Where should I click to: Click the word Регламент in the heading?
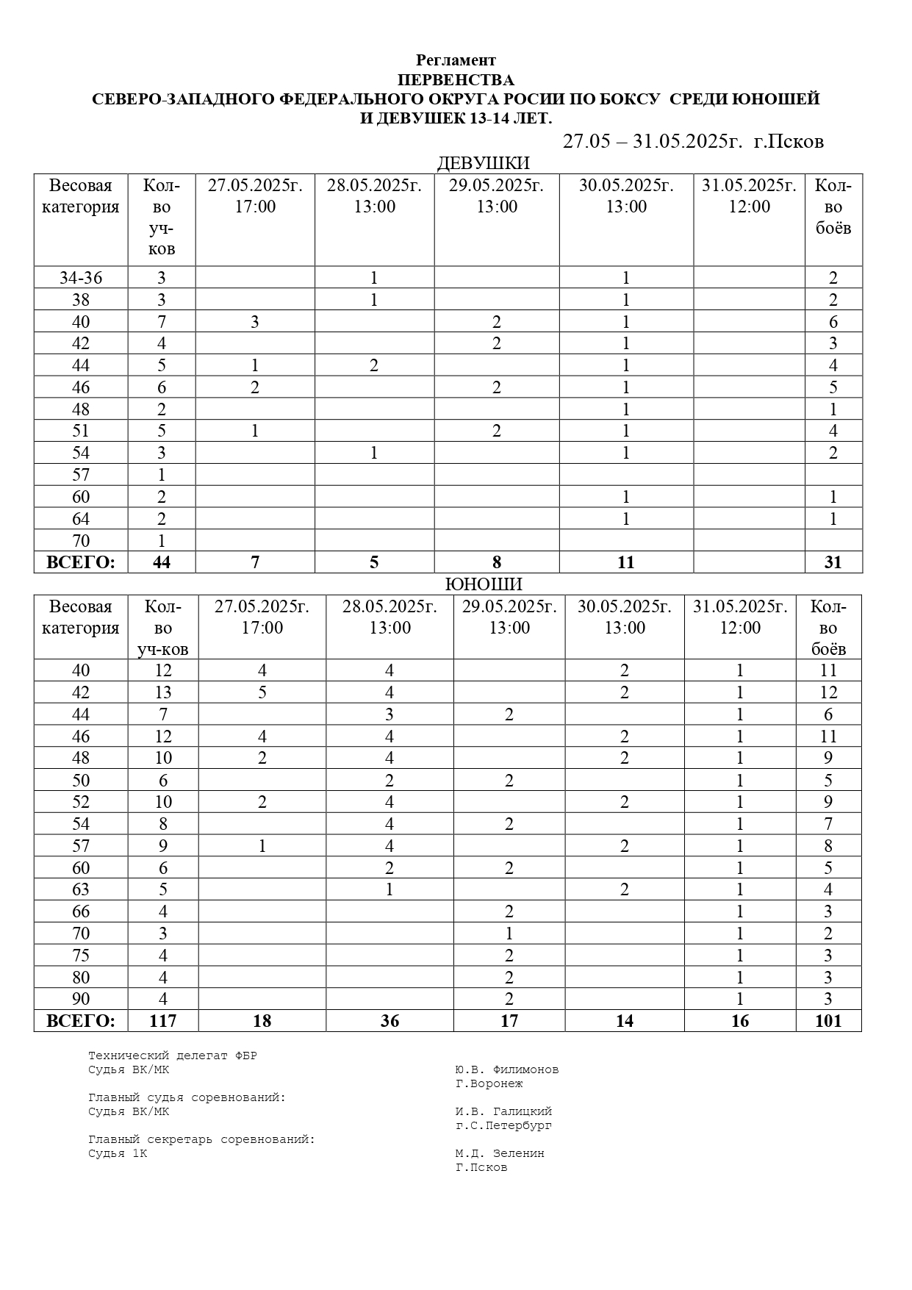pos(456,60)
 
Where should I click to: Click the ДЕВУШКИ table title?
pos(483,163)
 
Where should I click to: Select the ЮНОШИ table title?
pos(484,584)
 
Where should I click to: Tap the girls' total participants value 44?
pos(162,563)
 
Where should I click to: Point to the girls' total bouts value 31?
pos(833,563)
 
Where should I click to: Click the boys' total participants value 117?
pos(162,1021)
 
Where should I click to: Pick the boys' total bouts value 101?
pos(827,1021)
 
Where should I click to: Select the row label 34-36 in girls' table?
pos(81,278)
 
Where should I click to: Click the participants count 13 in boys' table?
pos(162,692)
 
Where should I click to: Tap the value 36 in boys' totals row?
pos(389,1021)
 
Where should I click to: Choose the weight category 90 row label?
pos(81,999)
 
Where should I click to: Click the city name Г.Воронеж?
pos(489,1083)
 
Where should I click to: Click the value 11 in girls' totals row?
pos(625,563)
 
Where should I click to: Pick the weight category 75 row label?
pos(81,956)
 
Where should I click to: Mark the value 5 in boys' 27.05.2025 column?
pos(262,692)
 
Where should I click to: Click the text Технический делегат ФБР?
pos(173,1056)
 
